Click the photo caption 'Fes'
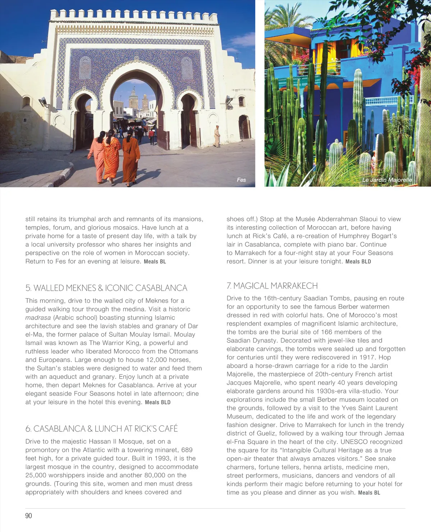click(x=241, y=180)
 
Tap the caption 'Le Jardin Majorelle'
click(x=387, y=180)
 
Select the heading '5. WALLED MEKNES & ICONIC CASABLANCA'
click(x=106, y=288)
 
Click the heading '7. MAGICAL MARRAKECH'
click(x=272, y=286)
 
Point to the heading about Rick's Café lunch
click(x=102, y=428)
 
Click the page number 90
click(x=28, y=515)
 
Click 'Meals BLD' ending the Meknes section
click(x=157, y=402)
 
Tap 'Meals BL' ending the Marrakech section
click(x=369, y=492)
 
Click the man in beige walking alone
click(x=217, y=136)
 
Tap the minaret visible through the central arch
click(x=133, y=98)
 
